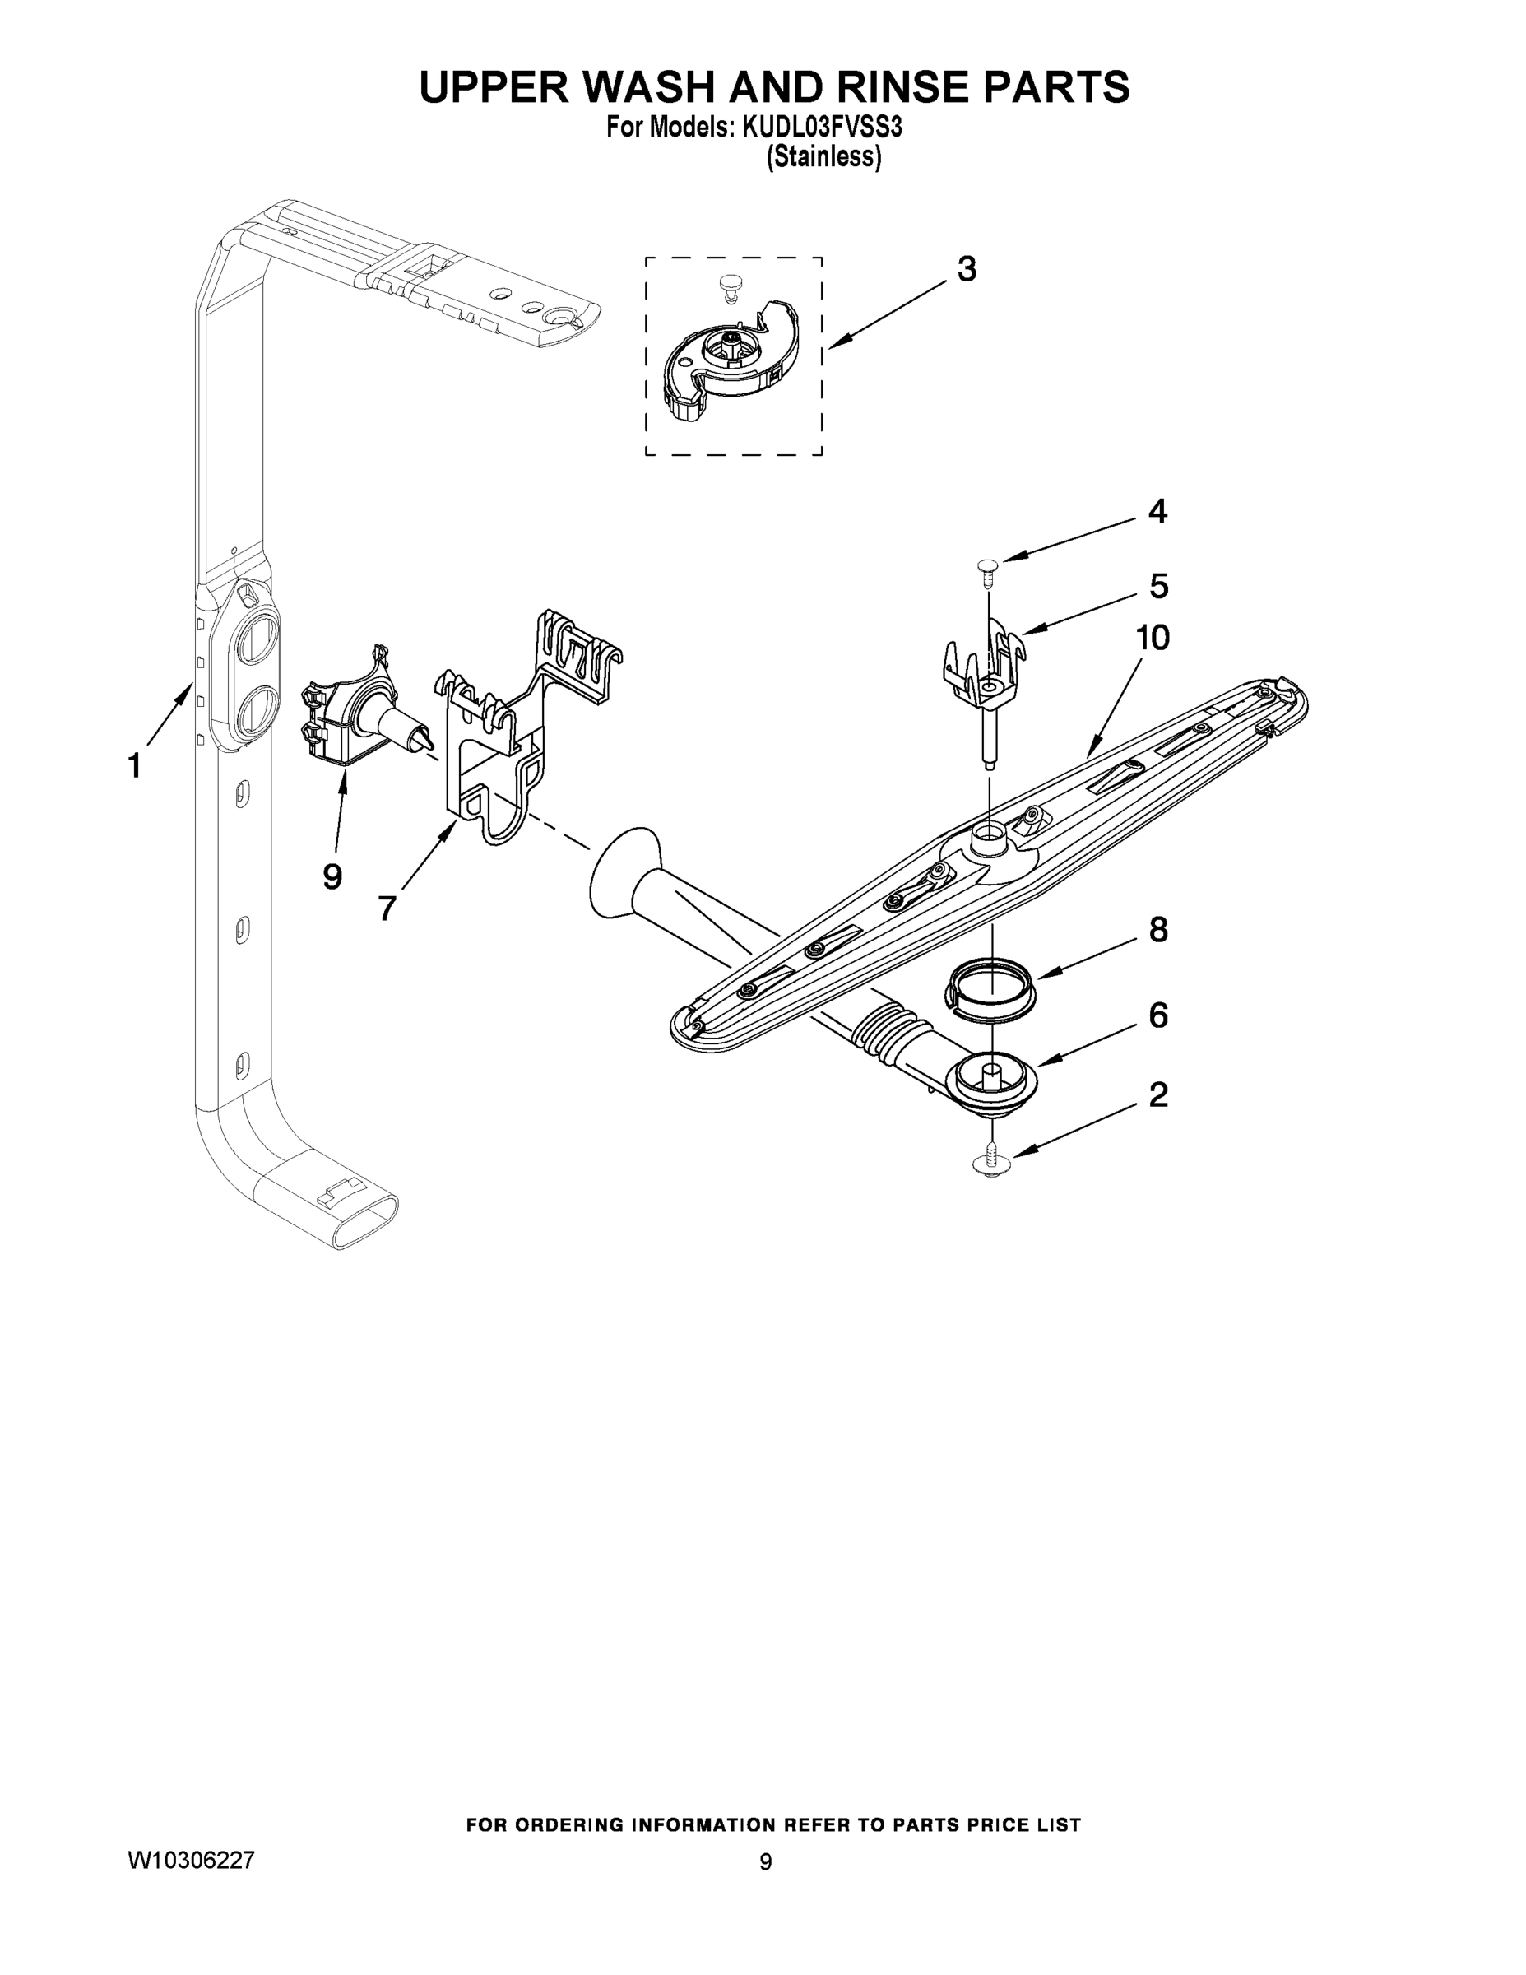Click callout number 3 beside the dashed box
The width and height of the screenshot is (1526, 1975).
[x=967, y=269]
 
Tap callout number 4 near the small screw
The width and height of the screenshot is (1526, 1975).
[x=1157, y=512]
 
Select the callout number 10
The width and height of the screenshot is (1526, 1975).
[x=1153, y=639]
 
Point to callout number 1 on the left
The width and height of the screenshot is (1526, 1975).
[x=135, y=766]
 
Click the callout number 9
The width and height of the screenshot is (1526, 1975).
[x=332, y=876]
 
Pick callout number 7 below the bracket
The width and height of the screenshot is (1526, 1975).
[x=387, y=907]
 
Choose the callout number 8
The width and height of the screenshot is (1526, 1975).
[x=1158, y=930]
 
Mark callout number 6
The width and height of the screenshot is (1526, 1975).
[x=1158, y=1015]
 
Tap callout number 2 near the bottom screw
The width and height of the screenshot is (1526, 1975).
[x=1158, y=1095]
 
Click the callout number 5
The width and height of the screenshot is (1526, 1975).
[x=1158, y=586]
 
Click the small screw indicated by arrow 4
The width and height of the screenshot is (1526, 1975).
[x=987, y=566]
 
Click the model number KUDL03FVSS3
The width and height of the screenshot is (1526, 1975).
[x=822, y=128]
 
